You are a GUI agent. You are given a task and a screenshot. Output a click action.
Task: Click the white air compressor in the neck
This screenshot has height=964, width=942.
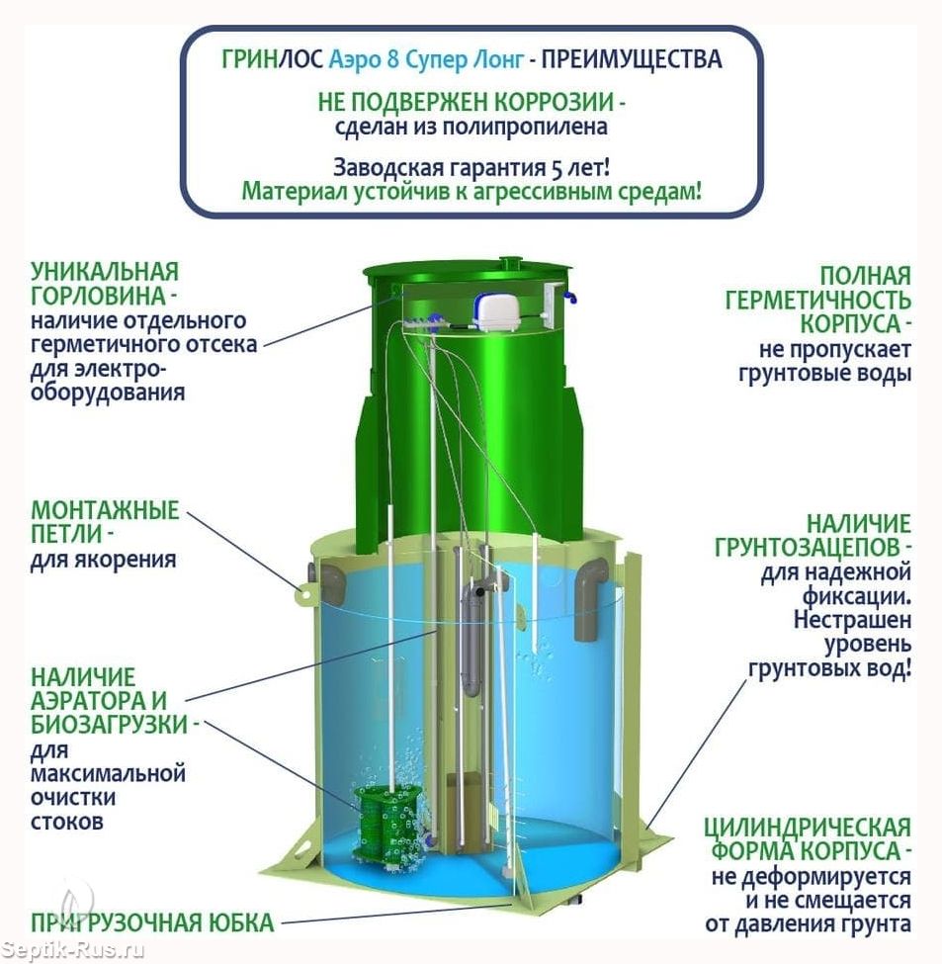click(x=495, y=311)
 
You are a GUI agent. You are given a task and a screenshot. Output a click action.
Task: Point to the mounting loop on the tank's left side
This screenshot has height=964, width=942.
click(x=303, y=594)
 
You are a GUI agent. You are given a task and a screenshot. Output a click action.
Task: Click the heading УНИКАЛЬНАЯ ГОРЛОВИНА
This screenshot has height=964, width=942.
click(x=105, y=284)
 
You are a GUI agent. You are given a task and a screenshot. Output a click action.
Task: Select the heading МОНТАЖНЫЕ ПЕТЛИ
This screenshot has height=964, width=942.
click(x=105, y=522)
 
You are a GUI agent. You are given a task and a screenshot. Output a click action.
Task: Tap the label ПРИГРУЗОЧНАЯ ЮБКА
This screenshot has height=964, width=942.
click(x=152, y=922)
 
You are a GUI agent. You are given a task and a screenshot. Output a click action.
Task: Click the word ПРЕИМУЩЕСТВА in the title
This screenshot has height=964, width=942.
click(x=631, y=59)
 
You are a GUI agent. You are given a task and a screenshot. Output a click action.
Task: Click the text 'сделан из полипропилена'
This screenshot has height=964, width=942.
click(x=471, y=127)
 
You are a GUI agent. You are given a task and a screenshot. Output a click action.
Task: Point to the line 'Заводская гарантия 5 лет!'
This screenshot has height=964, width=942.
click(x=471, y=167)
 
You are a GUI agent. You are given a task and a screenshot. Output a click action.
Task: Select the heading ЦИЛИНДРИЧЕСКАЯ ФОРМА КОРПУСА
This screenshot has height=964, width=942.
click(x=808, y=839)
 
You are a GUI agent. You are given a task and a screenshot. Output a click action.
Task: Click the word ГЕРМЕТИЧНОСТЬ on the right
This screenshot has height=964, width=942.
click(x=817, y=300)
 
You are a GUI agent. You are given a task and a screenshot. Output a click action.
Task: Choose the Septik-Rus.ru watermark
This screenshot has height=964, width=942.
click(x=72, y=950)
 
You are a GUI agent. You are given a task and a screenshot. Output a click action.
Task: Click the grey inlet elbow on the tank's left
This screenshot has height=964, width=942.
click(x=333, y=584)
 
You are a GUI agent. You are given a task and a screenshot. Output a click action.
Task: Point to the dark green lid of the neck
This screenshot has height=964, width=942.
click(x=467, y=272)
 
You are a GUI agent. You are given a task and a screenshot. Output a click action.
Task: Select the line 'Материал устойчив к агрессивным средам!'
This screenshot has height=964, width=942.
click(x=471, y=191)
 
